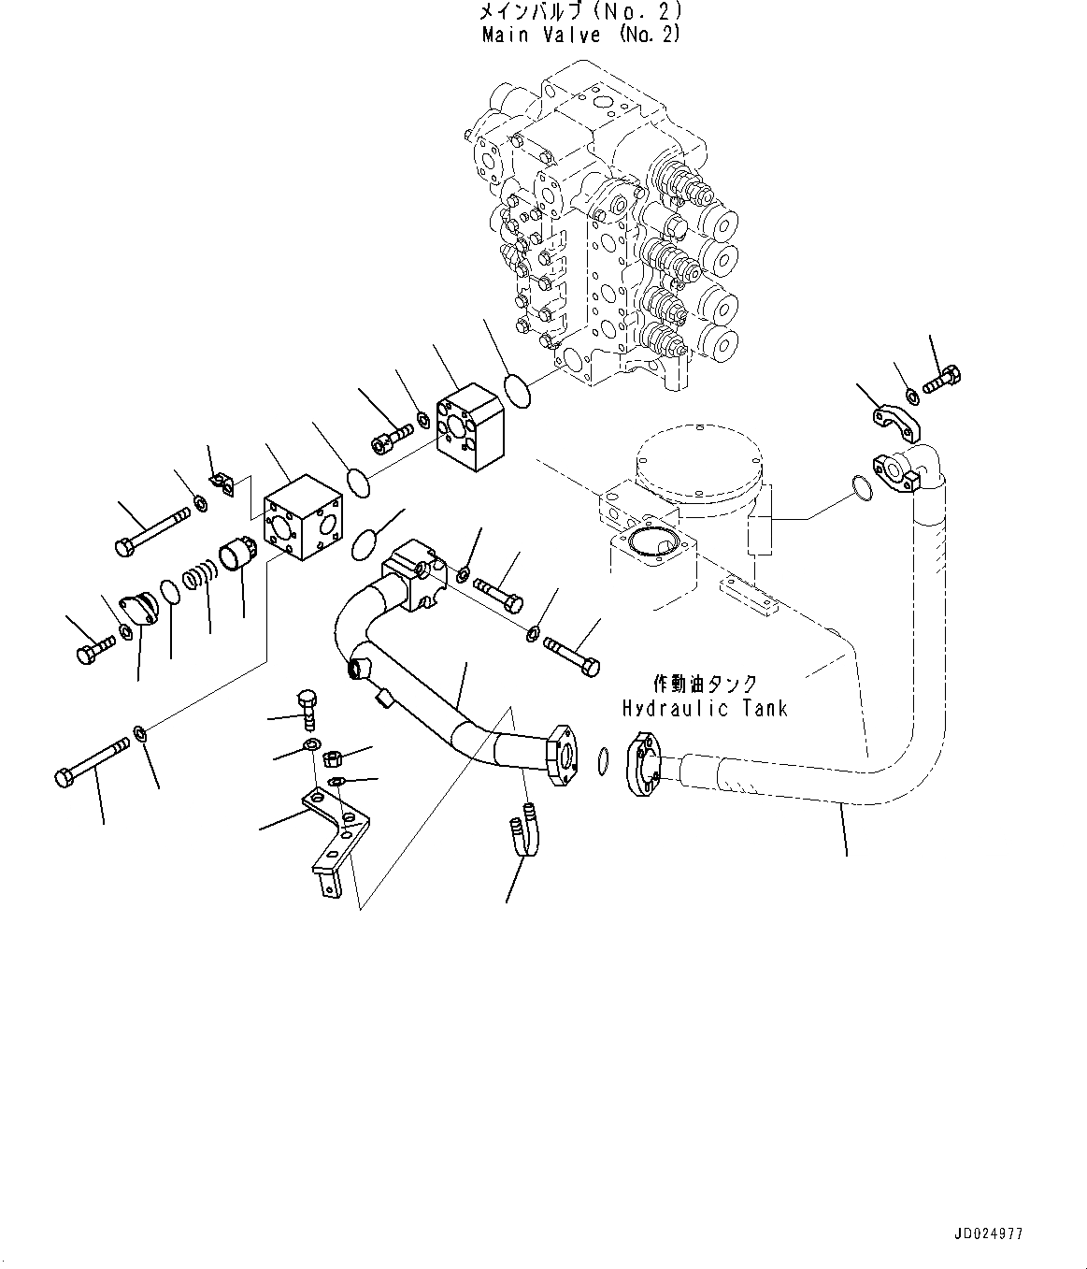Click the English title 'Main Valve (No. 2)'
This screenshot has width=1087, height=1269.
pyautogui.click(x=580, y=35)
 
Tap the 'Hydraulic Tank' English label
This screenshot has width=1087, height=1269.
pyautogui.click(x=705, y=708)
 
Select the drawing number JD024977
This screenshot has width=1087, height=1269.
pyautogui.click(x=988, y=1233)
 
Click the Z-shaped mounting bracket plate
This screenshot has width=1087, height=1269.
pyautogui.click(x=334, y=837)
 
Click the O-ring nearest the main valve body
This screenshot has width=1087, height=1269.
pyautogui.click(x=519, y=389)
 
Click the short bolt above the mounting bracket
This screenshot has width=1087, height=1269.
pyautogui.click(x=307, y=707)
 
